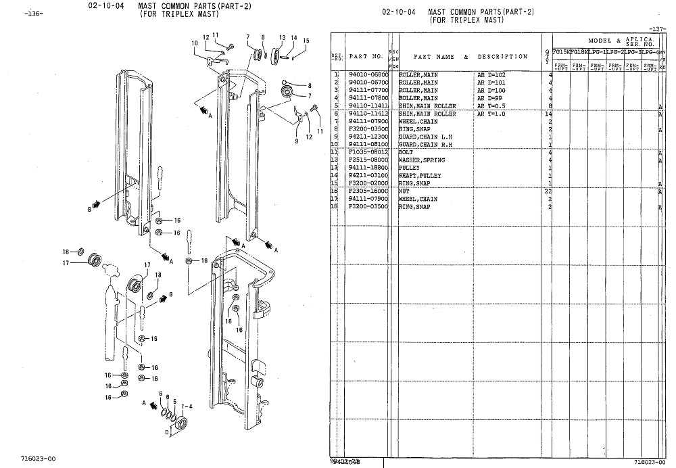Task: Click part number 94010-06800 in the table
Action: tap(368, 74)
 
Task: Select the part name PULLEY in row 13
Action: tap(410, 168)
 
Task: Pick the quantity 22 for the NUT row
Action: tap(549, 191)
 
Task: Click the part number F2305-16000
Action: tap(368, 191)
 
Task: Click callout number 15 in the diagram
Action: tap(306, 41)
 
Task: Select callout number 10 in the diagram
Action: tap(194, 43)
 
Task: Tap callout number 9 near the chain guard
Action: tap(296, 141)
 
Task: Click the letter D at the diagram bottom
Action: tap(167, 431)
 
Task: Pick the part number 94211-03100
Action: tap(368, 176)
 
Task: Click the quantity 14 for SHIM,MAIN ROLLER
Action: tap(549, 114)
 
